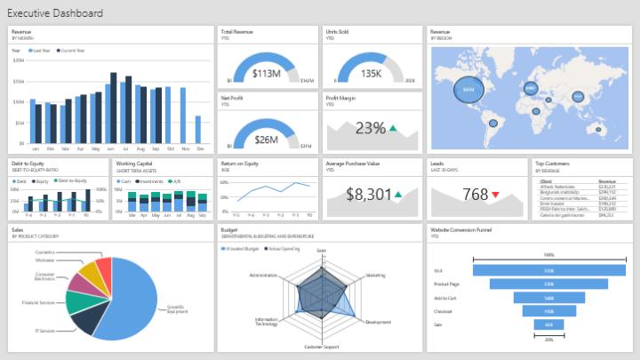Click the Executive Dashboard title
point(54,13)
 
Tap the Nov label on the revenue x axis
point(185,148)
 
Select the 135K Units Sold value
point(371,73)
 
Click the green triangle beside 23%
point(392,128)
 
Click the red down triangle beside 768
point(495,195)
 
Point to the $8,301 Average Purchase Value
point(368,194)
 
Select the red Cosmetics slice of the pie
point(104,267)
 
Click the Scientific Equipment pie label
point(177,309)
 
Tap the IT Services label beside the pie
point(44,331)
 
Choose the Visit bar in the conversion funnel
point(548,270)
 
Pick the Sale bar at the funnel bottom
point(548,325)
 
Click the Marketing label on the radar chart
point(376,276)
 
